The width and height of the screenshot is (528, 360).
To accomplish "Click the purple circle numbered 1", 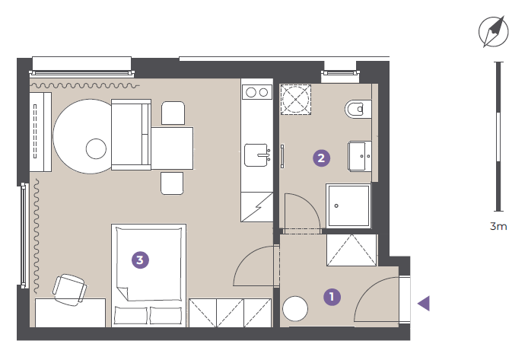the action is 332,297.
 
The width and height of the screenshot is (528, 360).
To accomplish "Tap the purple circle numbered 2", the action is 321,158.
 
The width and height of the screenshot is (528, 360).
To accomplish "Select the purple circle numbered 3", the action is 140,260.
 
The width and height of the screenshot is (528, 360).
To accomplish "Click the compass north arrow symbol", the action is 494,31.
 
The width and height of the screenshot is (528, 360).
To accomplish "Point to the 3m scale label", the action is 498,226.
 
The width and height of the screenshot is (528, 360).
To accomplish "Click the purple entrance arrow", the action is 424,303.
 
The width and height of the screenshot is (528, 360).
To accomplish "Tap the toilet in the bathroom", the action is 358,109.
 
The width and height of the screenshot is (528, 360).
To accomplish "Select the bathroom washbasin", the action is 360,156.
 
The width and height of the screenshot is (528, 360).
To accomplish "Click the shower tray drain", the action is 336,205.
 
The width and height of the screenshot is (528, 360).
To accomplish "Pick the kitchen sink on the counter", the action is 257,155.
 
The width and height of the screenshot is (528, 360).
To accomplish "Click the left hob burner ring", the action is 251,92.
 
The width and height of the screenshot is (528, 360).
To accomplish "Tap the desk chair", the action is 69,290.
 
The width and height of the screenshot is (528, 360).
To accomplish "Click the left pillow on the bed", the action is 131,315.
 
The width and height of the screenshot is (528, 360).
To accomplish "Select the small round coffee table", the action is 96,149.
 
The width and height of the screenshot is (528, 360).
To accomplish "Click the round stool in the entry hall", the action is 295,308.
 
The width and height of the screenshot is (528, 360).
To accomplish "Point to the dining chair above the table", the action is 173,113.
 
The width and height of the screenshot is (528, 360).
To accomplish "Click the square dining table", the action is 172,148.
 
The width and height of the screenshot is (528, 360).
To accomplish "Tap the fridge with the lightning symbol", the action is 257,207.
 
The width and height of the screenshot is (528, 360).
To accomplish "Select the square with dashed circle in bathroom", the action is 296,100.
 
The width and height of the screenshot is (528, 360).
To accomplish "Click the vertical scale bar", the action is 498,136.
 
